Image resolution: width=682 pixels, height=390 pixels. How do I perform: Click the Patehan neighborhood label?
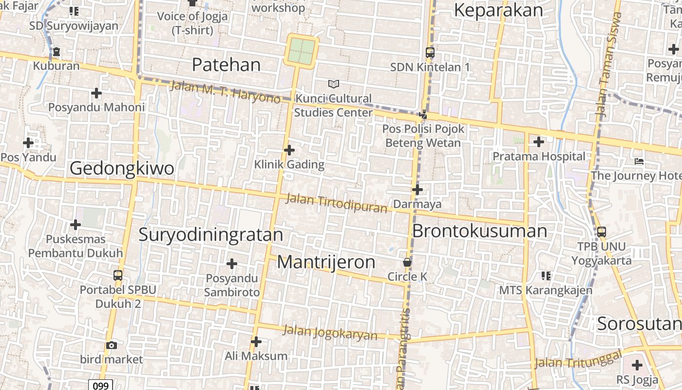point(226,64)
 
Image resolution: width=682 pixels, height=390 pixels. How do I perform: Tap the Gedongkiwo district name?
point(122,168)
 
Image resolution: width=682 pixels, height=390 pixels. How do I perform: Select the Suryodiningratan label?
point(210,234)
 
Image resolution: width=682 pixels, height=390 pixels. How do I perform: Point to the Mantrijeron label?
point(326,262)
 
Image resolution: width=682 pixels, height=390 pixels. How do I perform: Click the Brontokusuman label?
point(479,231)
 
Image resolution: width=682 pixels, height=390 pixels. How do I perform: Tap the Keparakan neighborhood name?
point(498,10)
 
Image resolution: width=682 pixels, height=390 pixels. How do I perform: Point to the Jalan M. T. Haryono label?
point(225,92)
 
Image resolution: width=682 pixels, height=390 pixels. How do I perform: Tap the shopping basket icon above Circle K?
point(407,262)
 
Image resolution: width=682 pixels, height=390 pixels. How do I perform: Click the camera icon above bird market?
point(112,345)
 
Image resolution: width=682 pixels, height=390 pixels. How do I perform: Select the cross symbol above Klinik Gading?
point(289,150)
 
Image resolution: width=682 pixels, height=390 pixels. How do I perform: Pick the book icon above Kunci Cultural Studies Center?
point(334,84)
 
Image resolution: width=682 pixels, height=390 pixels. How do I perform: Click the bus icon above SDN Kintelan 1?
point(430,52)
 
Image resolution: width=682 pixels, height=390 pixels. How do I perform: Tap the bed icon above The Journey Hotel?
point(639,161)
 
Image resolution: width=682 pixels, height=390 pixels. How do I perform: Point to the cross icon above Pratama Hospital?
point(538,142)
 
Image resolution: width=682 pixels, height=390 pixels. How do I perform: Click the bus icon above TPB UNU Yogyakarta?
point(602,232)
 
